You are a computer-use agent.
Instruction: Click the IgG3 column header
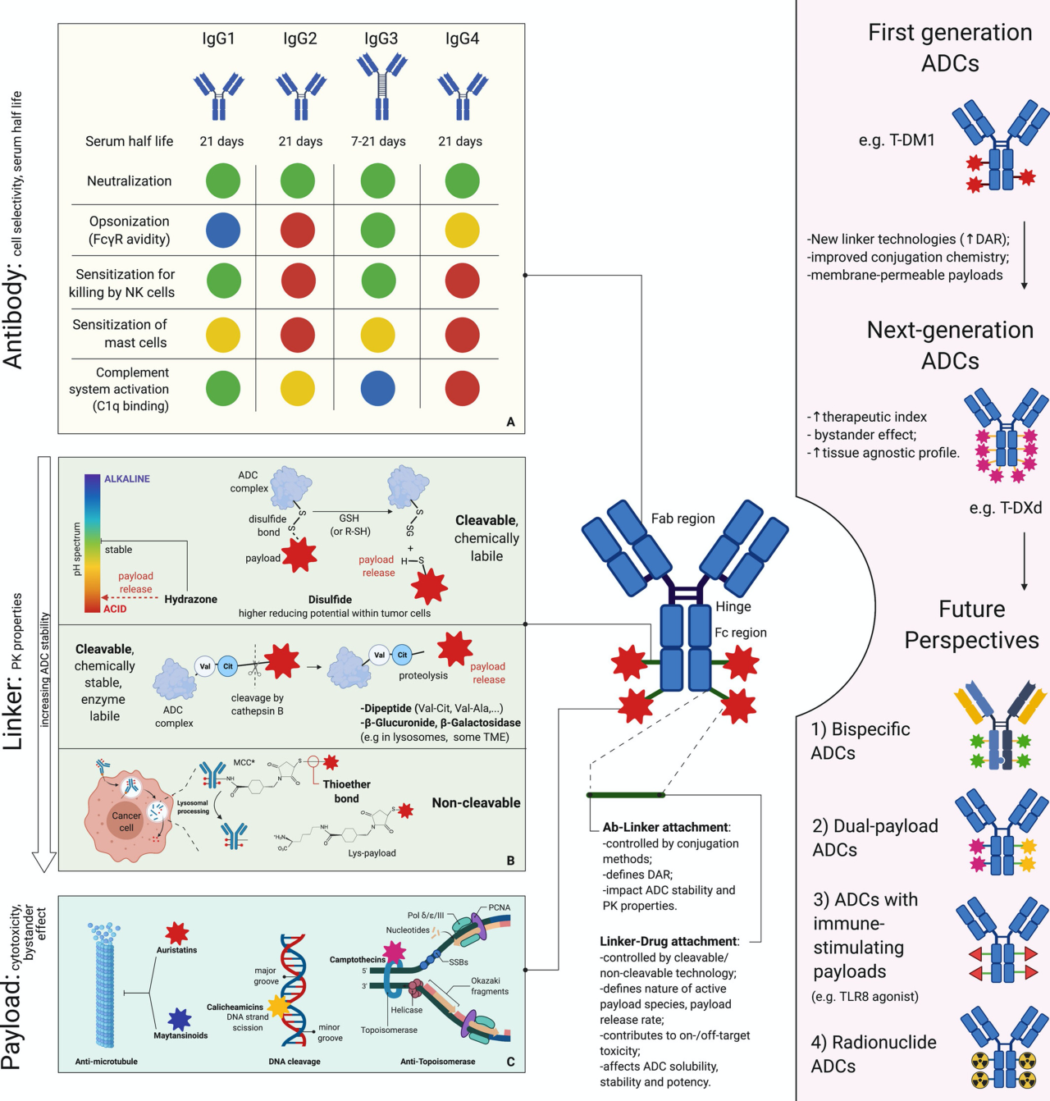381,39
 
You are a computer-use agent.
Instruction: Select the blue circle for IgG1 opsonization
223,231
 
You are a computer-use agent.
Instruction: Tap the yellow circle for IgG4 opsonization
462,231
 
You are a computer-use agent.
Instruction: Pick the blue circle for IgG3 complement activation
378,388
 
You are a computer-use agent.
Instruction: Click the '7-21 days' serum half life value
378,141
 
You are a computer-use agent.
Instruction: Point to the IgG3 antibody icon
381,86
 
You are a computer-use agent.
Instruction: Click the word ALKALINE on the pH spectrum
127,479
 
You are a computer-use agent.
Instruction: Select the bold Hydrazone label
190,599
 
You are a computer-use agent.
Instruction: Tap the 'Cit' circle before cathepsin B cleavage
229,666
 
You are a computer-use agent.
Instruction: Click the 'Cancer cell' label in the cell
126,821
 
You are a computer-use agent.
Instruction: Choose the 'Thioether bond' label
346,791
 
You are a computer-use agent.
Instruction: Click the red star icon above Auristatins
177,933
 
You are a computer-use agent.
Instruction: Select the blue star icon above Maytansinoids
180,1020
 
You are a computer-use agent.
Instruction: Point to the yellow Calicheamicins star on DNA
279,1005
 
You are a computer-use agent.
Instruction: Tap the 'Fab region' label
682,519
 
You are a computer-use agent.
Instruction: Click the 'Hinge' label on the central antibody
733,606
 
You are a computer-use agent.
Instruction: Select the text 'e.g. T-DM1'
897,140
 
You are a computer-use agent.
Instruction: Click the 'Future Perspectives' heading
971,624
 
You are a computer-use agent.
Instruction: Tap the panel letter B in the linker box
511,861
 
